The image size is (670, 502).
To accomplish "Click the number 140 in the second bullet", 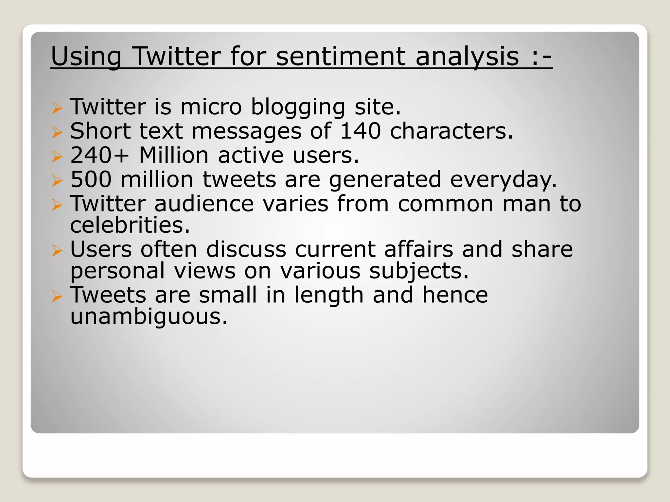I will coord(361,131).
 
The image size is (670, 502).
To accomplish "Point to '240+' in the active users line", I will coord(100,155).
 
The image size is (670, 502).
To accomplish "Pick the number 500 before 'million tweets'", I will coord(91,179).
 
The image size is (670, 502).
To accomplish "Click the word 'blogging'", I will coord(298,107).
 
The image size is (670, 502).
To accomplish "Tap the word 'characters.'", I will coord(451,131).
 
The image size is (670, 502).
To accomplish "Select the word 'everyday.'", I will coord(503,180).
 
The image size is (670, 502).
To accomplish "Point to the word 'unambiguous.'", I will coord(149,317).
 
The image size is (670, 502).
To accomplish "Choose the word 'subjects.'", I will coord(419,271).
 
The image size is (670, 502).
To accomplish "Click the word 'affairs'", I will coord(419,249).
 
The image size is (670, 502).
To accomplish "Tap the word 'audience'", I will coord(204,203).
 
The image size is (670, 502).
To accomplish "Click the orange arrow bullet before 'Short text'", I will coord(57,132).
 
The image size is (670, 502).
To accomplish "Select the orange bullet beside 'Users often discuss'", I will coord(57,251).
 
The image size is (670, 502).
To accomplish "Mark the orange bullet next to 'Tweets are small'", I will coord(57,296).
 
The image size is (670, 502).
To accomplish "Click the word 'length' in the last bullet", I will coord(329,295).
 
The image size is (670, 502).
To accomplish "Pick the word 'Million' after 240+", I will coord(174,155).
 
